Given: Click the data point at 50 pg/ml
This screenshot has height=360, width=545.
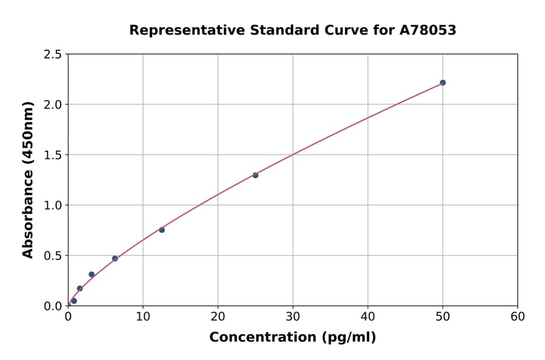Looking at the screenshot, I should click(443, 82).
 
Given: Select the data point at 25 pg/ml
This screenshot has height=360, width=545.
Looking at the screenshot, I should click(256, 175).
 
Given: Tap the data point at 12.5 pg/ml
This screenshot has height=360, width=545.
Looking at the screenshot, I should click(162, 230).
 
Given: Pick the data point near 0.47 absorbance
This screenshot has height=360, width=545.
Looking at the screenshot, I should click(115, 258).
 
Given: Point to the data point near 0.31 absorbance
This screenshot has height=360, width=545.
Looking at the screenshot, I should click(91, 275).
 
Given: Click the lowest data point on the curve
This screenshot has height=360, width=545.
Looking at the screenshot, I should click(74, 301).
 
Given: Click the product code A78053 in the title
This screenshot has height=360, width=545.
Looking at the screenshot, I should click(428, 30).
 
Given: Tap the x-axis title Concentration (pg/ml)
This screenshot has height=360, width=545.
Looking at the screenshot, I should click(292, 338).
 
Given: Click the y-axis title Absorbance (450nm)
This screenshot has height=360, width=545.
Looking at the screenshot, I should click(28, 179).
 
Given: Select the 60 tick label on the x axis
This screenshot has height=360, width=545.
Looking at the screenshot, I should click(518, 316).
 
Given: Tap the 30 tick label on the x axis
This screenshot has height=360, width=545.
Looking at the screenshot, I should click(293, 316).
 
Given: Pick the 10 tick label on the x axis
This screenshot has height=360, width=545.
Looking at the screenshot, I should click(143, 316).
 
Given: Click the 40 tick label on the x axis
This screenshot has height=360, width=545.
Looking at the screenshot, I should click(368, 316).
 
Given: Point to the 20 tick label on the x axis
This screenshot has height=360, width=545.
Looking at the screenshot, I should click(218, 316).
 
